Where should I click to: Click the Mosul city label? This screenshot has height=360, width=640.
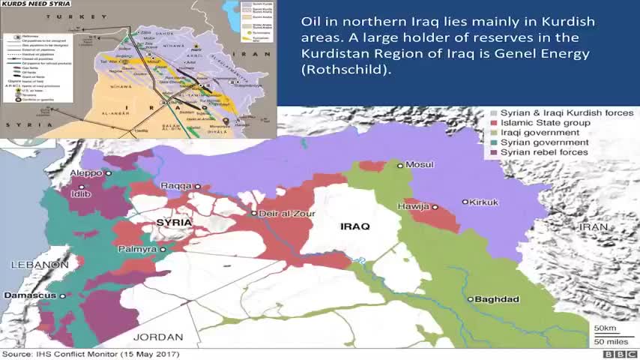[420, 165]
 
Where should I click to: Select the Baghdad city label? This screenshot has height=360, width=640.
[497, 299]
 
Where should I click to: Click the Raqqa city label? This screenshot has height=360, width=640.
[177, 186]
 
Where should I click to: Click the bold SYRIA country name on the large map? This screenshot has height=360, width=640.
[173, 223]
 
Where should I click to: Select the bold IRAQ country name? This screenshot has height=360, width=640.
[355, 226]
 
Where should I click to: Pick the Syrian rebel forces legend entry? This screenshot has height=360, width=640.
[544, 152]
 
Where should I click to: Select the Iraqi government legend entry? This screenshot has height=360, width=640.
[540, 132]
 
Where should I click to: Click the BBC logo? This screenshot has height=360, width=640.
[619, 354]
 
